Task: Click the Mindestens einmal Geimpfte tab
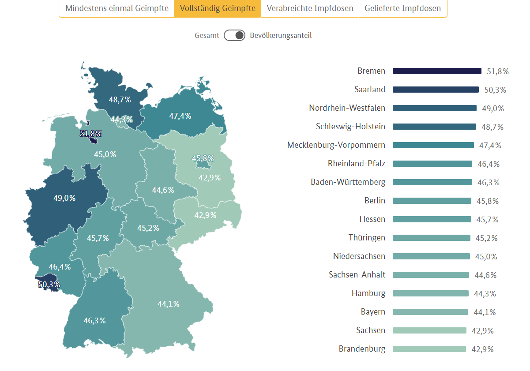(117, 8)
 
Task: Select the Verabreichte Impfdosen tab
(310, 8)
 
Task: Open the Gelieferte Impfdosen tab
(402, 8)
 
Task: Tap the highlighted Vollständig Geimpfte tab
(218, 8)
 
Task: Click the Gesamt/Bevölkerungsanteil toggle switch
(234, 36)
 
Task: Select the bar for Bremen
(436, 71)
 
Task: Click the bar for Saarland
(435, 90)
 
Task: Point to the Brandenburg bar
(429, 349)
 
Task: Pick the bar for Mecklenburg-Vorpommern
(433, 145)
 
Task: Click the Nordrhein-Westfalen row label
(347, 108)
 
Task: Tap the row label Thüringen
(367, 238)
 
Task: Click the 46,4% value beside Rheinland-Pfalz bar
(489, 164)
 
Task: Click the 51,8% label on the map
(91, 133)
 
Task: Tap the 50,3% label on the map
(49, 285)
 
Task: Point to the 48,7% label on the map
(120, 100)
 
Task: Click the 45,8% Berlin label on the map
(203, 158)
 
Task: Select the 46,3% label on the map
(94, 321)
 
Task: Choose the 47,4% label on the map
(180, 116)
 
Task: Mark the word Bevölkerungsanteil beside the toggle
(281, 36)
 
